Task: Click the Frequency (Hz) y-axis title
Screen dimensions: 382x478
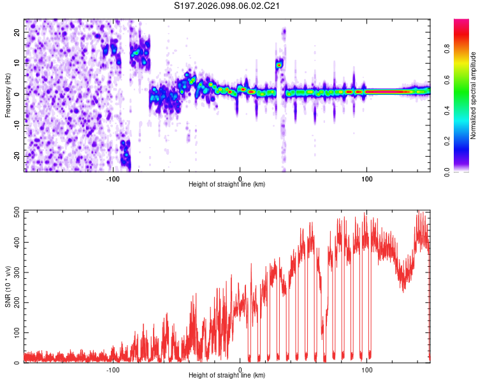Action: pyautogui.click(x=8, y=95)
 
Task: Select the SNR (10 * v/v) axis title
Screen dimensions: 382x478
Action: pyautogui.click(x=8, y=286)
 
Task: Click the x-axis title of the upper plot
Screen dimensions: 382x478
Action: pyautogui.click(x=227, y=184)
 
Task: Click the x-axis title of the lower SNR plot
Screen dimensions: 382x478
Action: pyautogui.click(x=227, y=375)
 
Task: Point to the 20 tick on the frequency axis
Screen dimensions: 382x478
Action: pyautogui.click(x=17, y=33)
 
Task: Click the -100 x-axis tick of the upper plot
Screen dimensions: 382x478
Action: pyautogui.click(x=113, y=178)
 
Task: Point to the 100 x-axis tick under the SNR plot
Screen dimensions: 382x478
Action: pyautogui.click(x=367, y=369)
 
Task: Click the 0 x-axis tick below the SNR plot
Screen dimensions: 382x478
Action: pyautogui.click(x=240, y=369)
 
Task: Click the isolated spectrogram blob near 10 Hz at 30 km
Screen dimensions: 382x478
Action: pyautogui.click(x=279, y=64)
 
